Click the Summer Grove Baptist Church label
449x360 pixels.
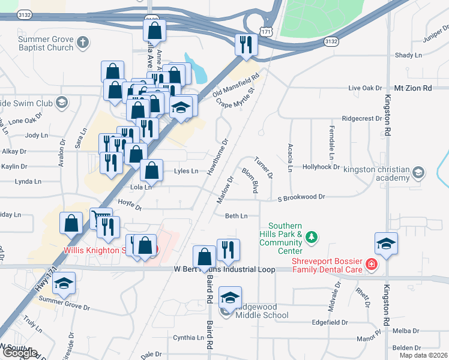tap(46, 43)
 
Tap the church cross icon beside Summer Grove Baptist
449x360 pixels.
tap(83, 43)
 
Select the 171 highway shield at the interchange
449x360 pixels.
tap(265, 30)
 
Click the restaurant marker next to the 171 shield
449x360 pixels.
tap(246, 44)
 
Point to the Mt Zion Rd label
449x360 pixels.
tap(412, 88)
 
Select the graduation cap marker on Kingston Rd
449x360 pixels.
tap(386, 244)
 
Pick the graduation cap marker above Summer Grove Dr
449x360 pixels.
tap(64, 284)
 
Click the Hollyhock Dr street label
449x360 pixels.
tap(321, 167)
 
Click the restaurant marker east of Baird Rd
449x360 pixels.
tap(228, 249)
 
